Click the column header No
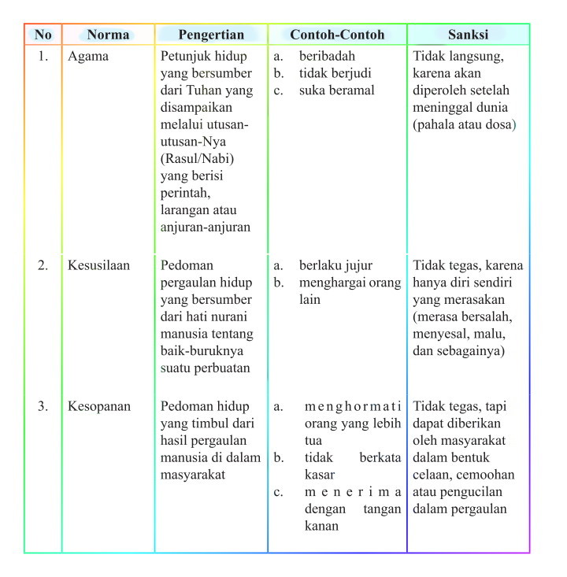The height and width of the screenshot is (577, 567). (43, 35)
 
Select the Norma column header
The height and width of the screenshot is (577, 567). (108, 35)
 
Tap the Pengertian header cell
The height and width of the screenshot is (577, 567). (211, 35)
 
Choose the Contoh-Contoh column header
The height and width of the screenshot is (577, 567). (337, 35)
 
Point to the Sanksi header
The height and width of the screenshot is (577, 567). (468, 35)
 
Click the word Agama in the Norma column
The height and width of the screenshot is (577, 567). (87, 57)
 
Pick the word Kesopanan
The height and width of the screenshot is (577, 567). (99, 407)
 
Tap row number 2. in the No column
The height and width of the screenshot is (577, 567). (43, 265)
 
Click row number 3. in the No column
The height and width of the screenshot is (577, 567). (43, 407)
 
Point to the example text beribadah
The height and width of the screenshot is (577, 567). (327, 57)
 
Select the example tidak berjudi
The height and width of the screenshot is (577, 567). (335, 73)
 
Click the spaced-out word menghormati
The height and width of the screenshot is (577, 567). (353, 407)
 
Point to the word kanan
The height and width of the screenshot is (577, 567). (321, 526)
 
